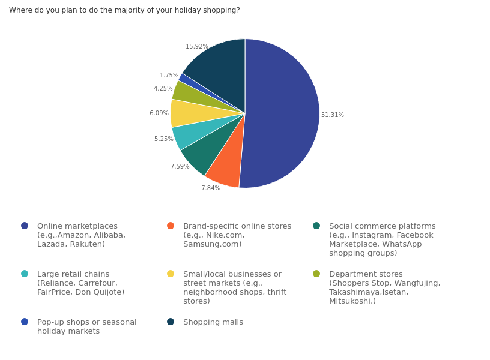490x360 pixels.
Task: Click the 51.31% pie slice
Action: (282, 114)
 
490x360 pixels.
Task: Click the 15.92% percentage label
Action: (196, 47)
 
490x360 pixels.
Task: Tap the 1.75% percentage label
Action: (169, 76)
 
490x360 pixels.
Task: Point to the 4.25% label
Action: (163, 89)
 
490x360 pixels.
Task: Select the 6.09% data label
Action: (159, 113)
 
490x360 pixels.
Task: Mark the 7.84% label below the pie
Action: (211, 188)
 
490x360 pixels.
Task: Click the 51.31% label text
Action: (333, 115)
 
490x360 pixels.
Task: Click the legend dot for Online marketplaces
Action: (25, 226)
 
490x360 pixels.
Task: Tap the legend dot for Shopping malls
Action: (171, 322)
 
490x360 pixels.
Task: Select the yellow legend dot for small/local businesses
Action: (171, 274)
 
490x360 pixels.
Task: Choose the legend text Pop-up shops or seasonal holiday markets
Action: (87, 326)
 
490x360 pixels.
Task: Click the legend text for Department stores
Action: (384, 287)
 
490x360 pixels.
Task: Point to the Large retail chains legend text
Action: (80, 283)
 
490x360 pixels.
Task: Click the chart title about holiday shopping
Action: (124, 10)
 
